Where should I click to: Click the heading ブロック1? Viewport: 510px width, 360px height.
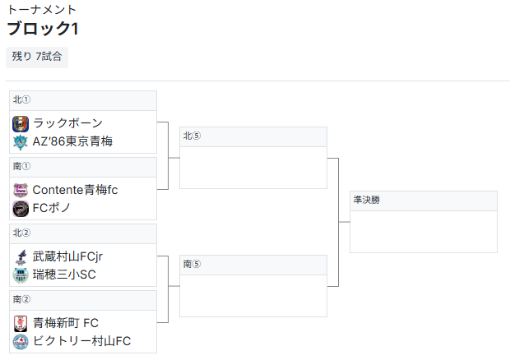coord(43,29)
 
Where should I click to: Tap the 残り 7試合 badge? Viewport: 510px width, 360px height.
coord(37,57)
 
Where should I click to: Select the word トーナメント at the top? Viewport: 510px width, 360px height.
coord(42,9)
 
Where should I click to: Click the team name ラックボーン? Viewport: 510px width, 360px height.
coord(67,123)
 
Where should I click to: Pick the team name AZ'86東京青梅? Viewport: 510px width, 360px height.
coord(72,141)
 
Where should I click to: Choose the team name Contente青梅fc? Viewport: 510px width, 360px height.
coord(75,190)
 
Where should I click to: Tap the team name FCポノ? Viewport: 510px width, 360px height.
coord(51,208)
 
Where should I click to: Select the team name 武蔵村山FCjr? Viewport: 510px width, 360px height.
coord(67,256)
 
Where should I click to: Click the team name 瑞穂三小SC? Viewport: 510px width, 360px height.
coord(64,275)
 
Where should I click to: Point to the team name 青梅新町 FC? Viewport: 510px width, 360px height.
coord(66,323)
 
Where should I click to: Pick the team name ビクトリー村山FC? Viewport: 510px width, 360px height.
coord(82,341)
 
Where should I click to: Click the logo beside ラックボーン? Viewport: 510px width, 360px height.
coord(21,124)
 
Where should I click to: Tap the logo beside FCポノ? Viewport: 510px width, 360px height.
coord(21,209)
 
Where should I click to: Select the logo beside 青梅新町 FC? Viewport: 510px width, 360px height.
coord(21,324)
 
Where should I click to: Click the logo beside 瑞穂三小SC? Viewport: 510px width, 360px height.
coord(21,275)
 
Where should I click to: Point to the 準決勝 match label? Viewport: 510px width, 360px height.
coord(367,200)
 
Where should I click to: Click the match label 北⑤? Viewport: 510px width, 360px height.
coord(192,136)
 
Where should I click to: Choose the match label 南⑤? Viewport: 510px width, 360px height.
coord(192,264)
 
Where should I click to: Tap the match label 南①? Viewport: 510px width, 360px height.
coord(21,166)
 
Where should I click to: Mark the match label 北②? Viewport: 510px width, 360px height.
coord(21,233)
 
